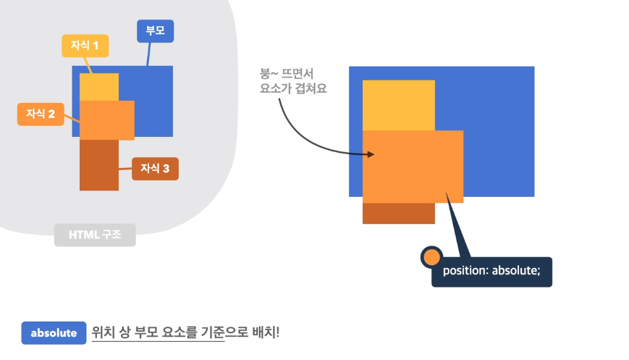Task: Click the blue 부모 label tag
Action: coord(156,31)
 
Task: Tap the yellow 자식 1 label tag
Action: coord(85,46)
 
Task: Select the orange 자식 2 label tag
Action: coord(41,114)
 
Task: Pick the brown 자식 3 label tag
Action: coord(155,168)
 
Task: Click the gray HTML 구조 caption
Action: coord(95,235)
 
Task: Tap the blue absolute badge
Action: coord(54,332)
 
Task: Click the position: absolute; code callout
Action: coord(491,273)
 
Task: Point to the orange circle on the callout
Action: coord(431,256)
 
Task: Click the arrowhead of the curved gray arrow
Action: coord(371,154)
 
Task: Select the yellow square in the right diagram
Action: coord(398,105)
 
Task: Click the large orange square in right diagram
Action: coord(413,167)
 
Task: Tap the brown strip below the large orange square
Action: coord(398,213)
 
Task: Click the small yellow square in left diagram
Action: coord(98,87)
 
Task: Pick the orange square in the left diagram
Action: coord(106,120)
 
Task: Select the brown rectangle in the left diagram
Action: coord(98,165)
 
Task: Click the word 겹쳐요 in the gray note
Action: coord(308,90)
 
